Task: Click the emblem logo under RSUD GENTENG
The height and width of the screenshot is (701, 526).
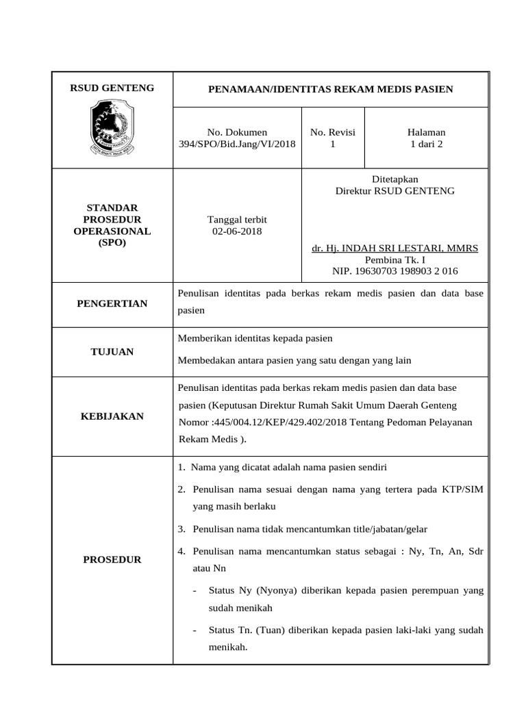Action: tap(112, 127)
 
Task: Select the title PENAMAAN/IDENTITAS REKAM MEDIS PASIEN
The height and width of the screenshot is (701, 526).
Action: tap(330, 90)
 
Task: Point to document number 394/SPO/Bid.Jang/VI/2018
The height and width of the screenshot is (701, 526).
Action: tap(237, 144)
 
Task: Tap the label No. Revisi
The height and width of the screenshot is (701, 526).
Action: tap(333, 132)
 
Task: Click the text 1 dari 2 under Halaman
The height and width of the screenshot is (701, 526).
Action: tap(426, 144)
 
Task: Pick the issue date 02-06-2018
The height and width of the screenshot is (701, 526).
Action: tap(237, 231)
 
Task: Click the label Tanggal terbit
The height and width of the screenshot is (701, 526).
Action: tap(237, 219)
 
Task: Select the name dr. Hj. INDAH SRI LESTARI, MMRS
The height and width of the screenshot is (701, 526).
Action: tap(394, 247)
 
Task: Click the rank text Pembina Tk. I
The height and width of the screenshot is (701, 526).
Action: tap(394, 259)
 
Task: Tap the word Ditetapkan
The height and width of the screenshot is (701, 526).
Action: tap(394, 179)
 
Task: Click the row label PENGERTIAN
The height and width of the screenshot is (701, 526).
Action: tap(112, 303)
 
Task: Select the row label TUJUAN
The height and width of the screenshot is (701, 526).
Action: tap(112, 352)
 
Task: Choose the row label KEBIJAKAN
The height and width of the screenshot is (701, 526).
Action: tap(112, 416)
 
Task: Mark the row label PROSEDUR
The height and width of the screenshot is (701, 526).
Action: tap(112, 559)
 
